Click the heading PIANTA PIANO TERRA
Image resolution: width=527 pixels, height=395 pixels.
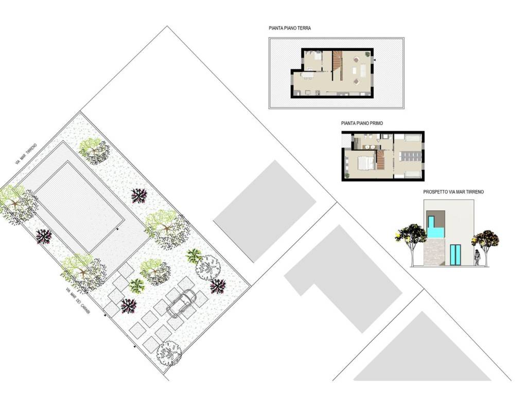click(x=290, y=28)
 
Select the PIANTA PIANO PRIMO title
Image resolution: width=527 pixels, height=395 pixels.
click(x=362, y=123)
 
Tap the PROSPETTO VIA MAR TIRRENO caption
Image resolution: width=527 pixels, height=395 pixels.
click(x=453, y=192)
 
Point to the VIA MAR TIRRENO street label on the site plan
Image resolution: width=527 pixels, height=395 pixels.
click(x=26, y=154)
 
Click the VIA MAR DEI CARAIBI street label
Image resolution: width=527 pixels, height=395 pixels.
click(x=78, y=301)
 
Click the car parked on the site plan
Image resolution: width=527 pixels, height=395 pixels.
click(x=182, y=304)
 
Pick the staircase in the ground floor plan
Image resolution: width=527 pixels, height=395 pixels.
click(x=338, y=65)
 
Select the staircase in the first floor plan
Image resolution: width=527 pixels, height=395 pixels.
click(x=380, y=160)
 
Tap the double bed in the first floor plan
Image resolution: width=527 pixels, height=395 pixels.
click(x=366, y=164)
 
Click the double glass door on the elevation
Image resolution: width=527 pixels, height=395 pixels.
click(x=455, y=255)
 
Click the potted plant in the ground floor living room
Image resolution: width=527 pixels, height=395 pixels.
click(x=367, y=53)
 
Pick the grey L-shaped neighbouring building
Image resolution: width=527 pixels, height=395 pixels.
click(x=343, y=279)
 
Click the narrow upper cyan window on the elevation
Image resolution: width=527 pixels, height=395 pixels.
click(x=431, y=221)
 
